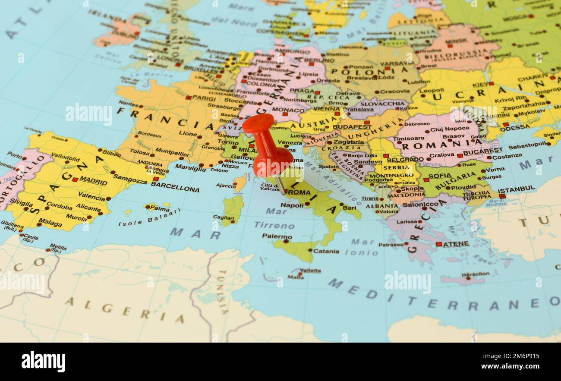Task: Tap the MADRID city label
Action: pos(93,181)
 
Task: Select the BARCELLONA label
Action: pos(175,189)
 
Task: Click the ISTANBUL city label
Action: pos(516,190)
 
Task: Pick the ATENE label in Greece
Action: pos(456,244)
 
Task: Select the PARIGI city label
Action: pos(204,98)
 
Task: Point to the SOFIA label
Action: pos(440,176)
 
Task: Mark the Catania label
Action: pos(326,251)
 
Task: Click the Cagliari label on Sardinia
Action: pos(223,218)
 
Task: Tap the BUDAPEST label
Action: pos(352,127)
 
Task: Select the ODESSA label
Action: pos(515,127)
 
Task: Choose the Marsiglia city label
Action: pos(190,168)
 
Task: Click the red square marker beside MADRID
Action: pos(75,179)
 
